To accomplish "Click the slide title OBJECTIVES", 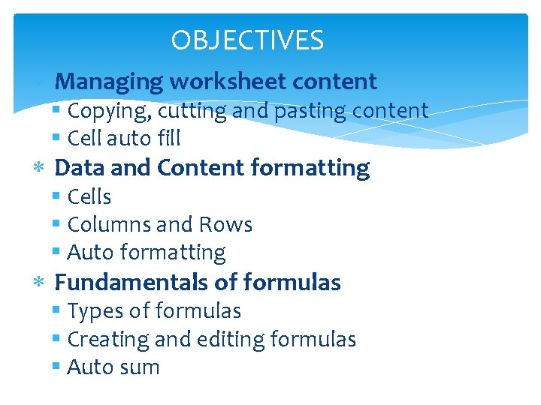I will pyautogui.click(x=247, y=40).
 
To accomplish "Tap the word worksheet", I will pyautogui.click(x=225, y=81).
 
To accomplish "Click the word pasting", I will pyautogui.click(x=296, y=112).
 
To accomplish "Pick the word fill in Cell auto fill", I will pyautogui.click(x=168, y=139).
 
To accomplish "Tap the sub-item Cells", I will pyautogui.click(x=89, y=196).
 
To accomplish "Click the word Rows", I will pyautogui.click(x=225, y=224).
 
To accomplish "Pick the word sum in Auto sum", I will pyautogui.click(x=144, y=367).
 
